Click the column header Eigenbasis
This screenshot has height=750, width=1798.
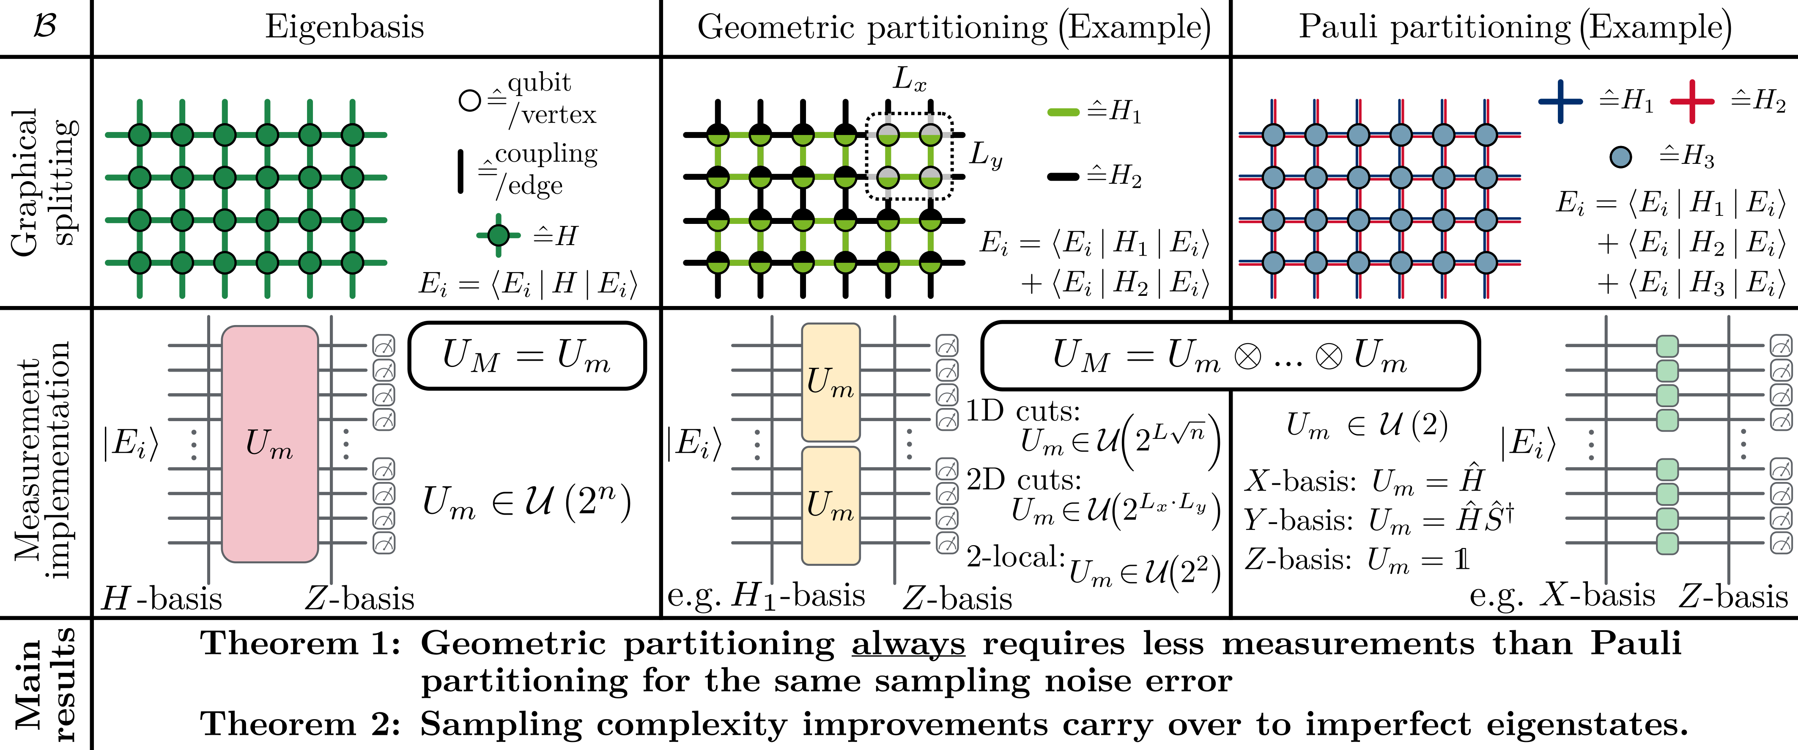[344, 27]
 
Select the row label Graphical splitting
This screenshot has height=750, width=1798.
[43, 182]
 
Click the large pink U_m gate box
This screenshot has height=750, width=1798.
[269, 444]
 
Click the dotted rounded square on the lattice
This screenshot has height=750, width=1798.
[909, 157]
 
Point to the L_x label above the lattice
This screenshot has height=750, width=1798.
[910, 79]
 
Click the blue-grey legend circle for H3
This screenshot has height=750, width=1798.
[1620, 157]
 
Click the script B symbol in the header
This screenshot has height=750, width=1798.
[45, 27]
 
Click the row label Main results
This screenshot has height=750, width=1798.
[43, 684]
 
